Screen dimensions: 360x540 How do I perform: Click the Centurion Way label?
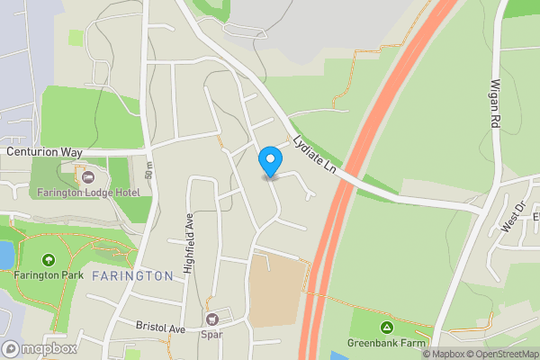44,152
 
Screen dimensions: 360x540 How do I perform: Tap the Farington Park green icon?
47,260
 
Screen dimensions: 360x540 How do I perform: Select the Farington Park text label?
49,275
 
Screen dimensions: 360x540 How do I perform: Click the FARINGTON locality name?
131,275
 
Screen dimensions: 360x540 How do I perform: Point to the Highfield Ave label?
189,243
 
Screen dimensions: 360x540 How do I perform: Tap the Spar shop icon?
212,319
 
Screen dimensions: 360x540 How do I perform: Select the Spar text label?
212,336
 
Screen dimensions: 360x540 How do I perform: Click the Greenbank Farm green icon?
386,326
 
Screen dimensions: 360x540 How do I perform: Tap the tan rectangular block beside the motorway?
274,289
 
